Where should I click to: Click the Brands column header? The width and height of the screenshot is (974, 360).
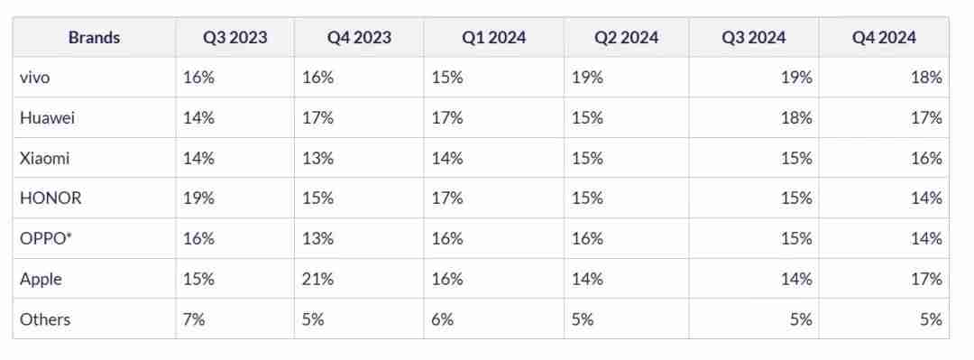[94, 37]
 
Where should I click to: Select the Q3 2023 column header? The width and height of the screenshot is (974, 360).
[234, 37]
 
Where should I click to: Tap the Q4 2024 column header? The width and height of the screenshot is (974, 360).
[884, 37]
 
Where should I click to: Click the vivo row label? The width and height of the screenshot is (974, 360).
[34, 78]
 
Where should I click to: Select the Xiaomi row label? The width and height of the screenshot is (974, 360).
[44, 158]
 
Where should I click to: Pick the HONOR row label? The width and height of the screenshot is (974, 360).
[44, 198]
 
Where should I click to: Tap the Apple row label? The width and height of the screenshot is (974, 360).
[41, 279]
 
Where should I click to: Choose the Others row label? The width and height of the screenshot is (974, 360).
[44, 318]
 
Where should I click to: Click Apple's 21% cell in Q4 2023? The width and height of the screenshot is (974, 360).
[317, 279]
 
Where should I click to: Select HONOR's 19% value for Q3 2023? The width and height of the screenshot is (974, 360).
[198, 198]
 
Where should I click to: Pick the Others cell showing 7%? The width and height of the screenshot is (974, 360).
[194, 318]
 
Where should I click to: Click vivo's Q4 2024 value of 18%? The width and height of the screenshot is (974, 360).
[926, 78]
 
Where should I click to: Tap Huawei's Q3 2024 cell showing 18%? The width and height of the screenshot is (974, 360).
[796, 118]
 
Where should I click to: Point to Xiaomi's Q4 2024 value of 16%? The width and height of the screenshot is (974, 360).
[926, 158]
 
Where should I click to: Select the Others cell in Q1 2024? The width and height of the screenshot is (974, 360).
[443, 318]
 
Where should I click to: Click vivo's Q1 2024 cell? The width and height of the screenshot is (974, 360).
[447, 78]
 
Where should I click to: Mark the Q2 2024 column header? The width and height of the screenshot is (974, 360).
[626, 37]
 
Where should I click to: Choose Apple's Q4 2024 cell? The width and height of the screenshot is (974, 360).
[926, 279]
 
